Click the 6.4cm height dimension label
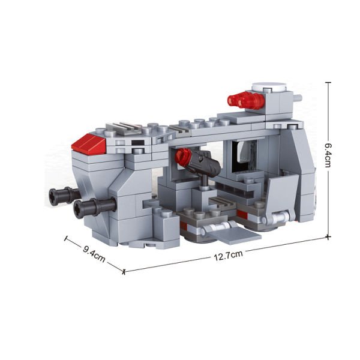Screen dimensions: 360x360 (x=328, y=155)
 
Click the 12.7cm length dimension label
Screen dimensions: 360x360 (x=228, y=256)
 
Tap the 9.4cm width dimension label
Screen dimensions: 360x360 (x=94, y=254)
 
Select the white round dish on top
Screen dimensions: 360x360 (x=269, y=87)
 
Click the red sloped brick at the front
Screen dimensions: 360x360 (x=88, y=143)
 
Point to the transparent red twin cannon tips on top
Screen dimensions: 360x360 (x=245, y=100)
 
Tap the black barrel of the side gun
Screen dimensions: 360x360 (x=205, y=164)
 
